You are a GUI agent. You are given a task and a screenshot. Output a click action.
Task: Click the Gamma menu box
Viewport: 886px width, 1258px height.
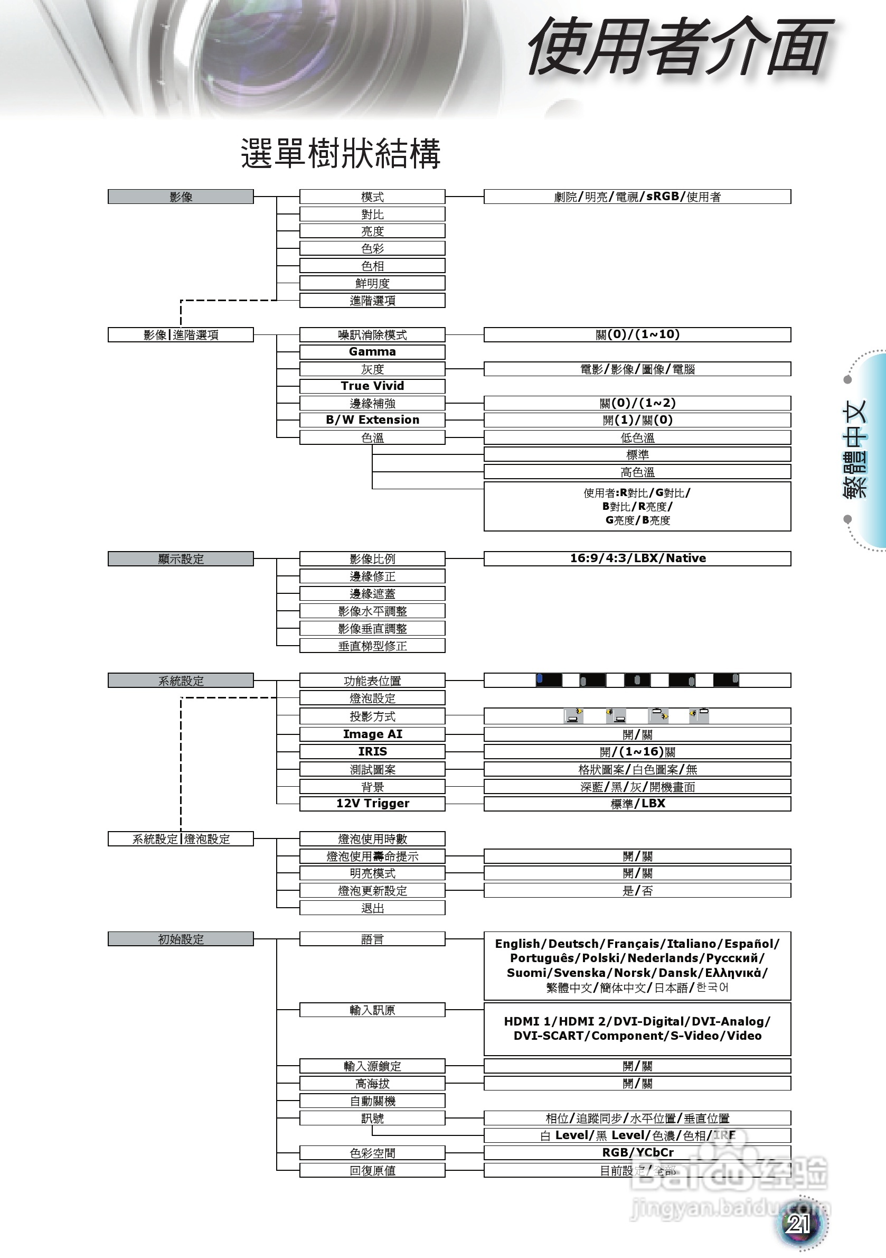pos(372,352)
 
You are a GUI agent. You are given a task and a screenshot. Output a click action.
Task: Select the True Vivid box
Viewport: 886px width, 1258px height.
pos(372,386)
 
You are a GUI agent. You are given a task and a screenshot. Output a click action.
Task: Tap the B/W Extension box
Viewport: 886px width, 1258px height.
pos(372,420)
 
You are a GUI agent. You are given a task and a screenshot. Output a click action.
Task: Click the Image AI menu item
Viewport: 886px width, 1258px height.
pos(372,734)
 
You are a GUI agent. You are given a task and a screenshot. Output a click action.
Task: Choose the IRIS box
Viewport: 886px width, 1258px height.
pos(372,751)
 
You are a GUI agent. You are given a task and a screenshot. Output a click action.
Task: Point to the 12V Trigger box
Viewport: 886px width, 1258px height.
pos(372,803)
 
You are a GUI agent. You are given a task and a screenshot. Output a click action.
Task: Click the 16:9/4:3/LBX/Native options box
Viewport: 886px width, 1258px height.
pos(637,558)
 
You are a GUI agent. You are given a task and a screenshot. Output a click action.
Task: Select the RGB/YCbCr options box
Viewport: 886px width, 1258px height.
pos(637,1152)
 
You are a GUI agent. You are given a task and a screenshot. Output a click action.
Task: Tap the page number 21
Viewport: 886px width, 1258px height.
pos(798,1224)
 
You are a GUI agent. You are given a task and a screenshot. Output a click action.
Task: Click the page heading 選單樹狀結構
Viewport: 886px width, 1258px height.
pos(341,153)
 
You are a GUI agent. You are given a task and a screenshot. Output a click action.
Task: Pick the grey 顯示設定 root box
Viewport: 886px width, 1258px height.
pos(181,559)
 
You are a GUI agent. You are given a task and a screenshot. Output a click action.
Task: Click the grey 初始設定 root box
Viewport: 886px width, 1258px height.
pos(181,939)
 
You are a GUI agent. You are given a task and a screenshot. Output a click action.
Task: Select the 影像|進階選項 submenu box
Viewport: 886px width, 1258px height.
pos(181,335)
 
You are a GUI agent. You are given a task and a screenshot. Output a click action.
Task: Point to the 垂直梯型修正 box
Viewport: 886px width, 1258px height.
pos(372,646)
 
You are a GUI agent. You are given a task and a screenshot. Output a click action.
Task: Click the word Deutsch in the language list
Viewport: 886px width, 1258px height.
pos(573,944)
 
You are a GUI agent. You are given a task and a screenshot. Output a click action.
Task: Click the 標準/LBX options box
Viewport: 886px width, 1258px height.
pos(637,803)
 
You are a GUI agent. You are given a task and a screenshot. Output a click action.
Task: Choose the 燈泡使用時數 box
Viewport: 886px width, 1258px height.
pos(372,839)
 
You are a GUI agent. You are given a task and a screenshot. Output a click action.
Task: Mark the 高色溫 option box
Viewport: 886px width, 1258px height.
pos(637,472)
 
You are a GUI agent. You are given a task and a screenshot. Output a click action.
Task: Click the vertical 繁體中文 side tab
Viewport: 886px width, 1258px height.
pos(855,449)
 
